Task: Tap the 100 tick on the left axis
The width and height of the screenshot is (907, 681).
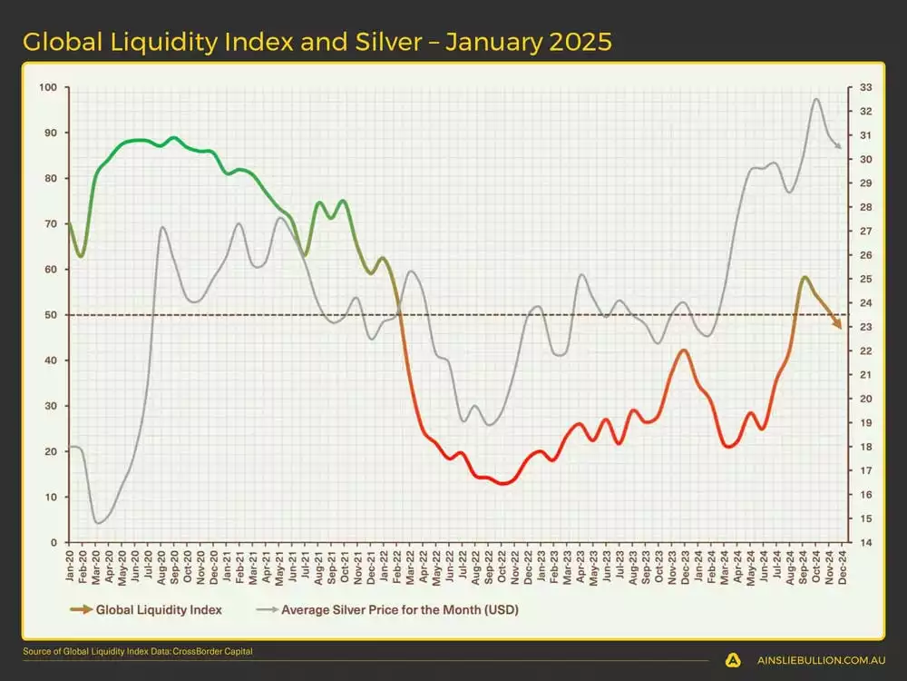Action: (48, 88)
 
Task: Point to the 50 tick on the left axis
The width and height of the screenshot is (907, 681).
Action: (51, 315)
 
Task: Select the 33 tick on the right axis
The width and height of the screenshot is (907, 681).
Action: (864, 88)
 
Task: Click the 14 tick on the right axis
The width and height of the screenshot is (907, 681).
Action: (864, 542)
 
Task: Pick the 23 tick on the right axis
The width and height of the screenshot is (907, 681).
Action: (864, 328)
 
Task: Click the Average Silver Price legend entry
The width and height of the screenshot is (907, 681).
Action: (399, 610)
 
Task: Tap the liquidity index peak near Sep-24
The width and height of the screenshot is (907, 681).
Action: (804, 277)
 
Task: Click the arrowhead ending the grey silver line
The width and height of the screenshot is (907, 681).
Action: (839, 147)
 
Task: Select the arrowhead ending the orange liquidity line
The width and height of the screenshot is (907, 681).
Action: (839, 326)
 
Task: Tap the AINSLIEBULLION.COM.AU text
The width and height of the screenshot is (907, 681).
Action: (815, 661)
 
